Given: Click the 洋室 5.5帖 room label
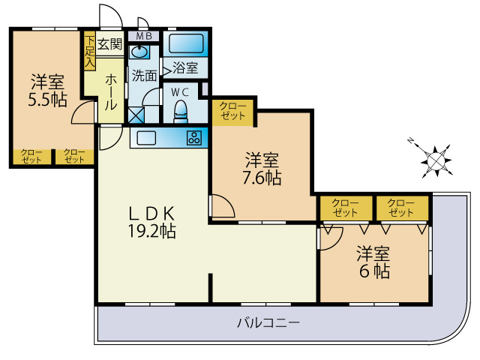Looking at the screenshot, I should (x=46, y=90).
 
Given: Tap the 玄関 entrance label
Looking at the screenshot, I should (x=109, y=44).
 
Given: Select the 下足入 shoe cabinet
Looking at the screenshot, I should (x=89, y=52).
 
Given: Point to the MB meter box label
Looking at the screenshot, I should (x=142, y=35).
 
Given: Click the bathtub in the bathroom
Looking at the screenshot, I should (x=184, y=43).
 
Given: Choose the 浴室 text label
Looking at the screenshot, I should (x=184, y=68).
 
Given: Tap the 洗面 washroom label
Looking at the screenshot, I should (x=144, y=75).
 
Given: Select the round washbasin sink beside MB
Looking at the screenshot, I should (x=141, y=52).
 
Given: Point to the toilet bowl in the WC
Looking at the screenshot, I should (x=180, y=113).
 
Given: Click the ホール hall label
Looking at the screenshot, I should (x=111, y=92).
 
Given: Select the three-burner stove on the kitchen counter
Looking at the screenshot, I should (x=194, y=138).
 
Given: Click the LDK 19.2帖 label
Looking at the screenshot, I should (x=150, y=221).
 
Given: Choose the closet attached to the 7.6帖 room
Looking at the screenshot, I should (x=233, y=112).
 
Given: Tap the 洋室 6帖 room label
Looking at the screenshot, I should (x=373, y=262).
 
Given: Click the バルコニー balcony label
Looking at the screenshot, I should (x=268, y=323).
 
